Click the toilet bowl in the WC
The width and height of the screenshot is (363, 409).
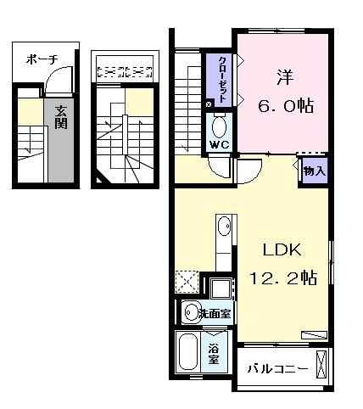click(x=220, y=128)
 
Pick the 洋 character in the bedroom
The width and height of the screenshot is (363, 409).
click(x=283, y=77)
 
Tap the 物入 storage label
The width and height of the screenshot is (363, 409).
click(x=314, y=171)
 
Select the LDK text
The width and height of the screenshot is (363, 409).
click(x=281, y=251)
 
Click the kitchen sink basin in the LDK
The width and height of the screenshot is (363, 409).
click(x=222, y=228)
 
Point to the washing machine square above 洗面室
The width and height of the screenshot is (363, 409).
click(x=221, y=289)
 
